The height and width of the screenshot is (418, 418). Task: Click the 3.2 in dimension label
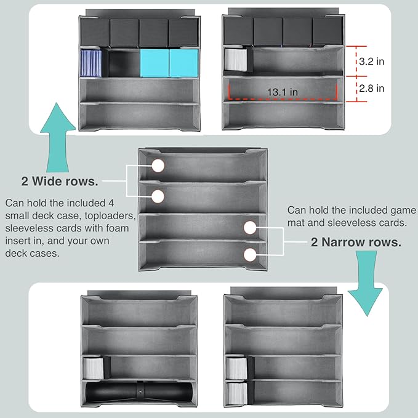point(371,62)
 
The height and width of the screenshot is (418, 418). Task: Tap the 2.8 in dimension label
point(371,88)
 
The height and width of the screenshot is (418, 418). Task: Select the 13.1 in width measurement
point(283,92)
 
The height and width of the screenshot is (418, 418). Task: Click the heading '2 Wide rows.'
point(60,181)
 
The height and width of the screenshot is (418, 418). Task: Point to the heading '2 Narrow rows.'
point(356,242)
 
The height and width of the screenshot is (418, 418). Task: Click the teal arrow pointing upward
point(58,137)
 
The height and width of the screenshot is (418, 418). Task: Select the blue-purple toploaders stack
point(91,63)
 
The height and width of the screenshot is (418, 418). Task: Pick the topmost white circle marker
point(158,166)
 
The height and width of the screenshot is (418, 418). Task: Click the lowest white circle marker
point(250,255)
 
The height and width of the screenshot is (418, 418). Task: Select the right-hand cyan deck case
point(183,63)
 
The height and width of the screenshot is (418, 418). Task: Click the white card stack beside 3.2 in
point(236,60)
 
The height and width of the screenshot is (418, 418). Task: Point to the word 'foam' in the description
point(118,228)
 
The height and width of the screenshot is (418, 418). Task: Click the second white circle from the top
point(158,196)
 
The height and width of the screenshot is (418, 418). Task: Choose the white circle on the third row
point(250,228)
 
